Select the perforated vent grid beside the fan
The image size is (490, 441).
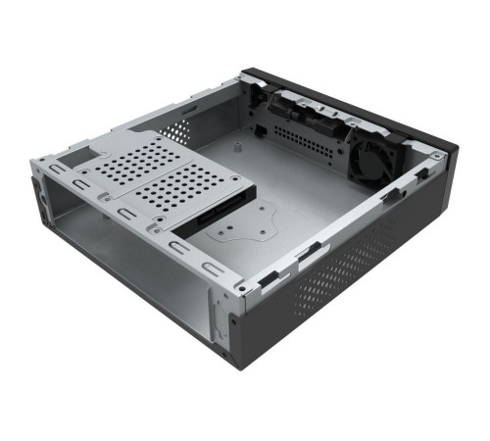pos(308,143)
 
